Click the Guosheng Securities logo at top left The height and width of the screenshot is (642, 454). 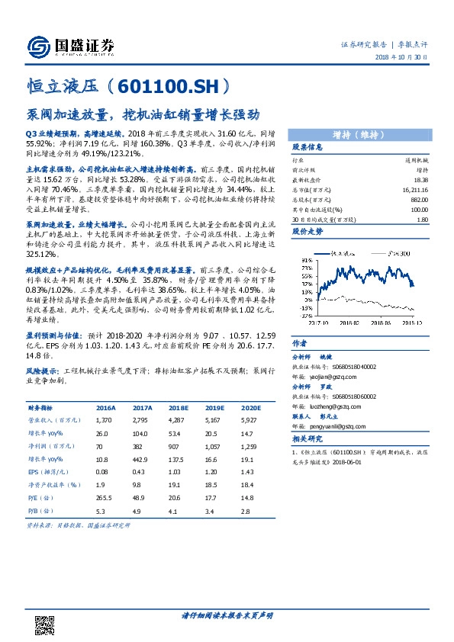70,46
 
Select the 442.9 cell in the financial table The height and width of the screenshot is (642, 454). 143,458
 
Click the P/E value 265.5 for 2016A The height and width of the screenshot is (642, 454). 105,496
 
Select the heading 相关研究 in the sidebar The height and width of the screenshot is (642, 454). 307,439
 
